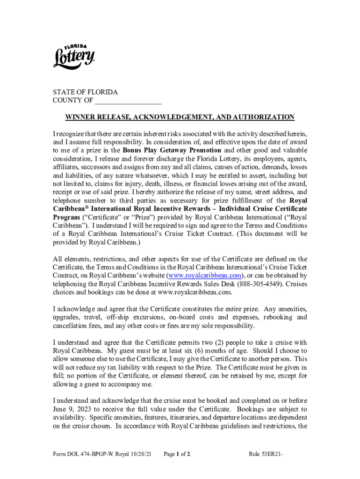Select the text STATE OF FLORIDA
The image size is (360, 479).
pos(85,92)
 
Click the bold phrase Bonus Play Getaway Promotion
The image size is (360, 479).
pos(172,150)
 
